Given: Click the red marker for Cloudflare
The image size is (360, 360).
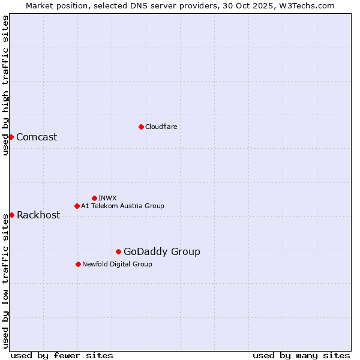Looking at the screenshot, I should [x=141, y=127].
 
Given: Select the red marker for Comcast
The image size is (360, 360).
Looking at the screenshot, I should [x=11, y=137].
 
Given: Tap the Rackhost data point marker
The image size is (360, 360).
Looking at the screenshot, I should [x=11, y=215].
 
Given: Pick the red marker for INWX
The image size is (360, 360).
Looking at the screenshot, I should [x=94, y=198].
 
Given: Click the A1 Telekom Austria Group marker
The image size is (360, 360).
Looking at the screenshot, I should [x=77, y=206].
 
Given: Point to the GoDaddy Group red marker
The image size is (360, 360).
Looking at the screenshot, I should [x=118, y=251].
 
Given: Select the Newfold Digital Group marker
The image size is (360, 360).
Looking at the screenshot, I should [x=78, y=264].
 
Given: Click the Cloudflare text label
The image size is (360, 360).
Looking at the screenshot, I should [x=161, y=127].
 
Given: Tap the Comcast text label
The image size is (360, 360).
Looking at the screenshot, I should [x=37, y=137].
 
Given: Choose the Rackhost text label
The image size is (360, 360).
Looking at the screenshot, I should [x=38, y=215].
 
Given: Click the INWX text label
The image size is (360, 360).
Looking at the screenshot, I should [x=107, y=198].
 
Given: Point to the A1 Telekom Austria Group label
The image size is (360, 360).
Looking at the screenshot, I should [x=122, y=206].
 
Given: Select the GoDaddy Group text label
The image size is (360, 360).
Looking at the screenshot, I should [x=161, y=251].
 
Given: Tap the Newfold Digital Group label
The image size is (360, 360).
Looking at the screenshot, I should [x=117, y=264].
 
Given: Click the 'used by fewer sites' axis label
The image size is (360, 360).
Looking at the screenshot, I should [x=62, y=355].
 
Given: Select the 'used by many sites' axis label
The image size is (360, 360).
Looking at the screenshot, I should [x=301, y=355].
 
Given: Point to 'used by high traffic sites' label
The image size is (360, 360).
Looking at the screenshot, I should [x=5, y=85].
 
